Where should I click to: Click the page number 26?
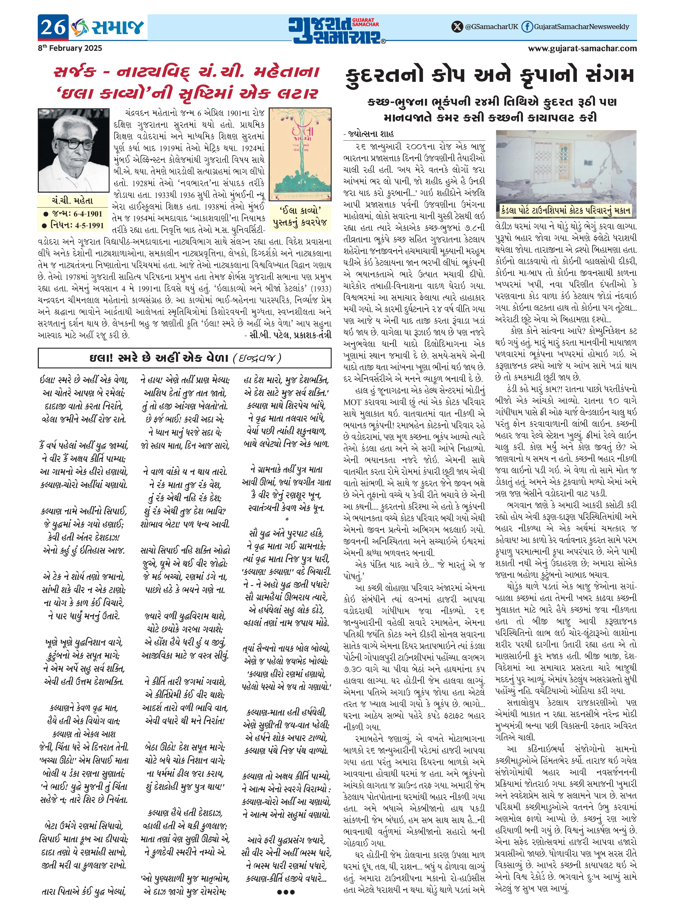[53, 27]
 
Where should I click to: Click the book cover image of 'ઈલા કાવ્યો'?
[300, 154]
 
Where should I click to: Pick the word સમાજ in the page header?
[117, 27]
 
